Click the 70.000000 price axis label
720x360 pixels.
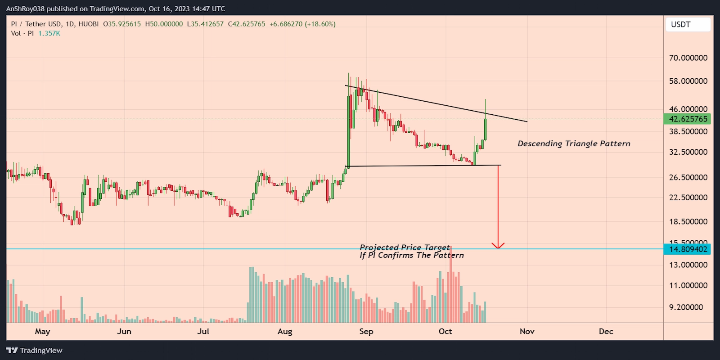[x=688, y=58]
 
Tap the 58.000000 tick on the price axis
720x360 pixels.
[x=688, y=81]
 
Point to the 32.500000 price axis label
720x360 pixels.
[x=688, y=152]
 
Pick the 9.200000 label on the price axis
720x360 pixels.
[x=686, y=307]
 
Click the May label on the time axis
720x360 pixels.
[x=42, y=332]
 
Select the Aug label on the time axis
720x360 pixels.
[x=285, y=332]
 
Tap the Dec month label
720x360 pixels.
[x=606, y=332]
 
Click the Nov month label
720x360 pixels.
[x=527, y=332]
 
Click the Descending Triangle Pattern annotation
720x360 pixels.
[x=574, y=144]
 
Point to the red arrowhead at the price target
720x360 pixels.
[x=498, y=246]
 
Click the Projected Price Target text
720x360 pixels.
[x=405, y=247]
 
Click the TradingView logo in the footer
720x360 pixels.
[x=35, y=351]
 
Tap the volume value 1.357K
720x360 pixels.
[x=49, y=33]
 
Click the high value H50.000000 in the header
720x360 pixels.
[x=164, y=24]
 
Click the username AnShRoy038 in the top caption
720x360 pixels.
[x=25, y=9]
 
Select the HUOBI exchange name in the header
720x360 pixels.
[x=88, y=24]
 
